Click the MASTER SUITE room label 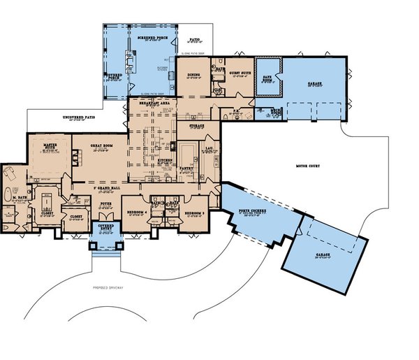pos(50,145)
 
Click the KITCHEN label pos(165,160)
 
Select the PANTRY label pos(186,168)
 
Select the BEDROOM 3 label pos(195,210)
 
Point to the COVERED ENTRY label pos(105,228)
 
